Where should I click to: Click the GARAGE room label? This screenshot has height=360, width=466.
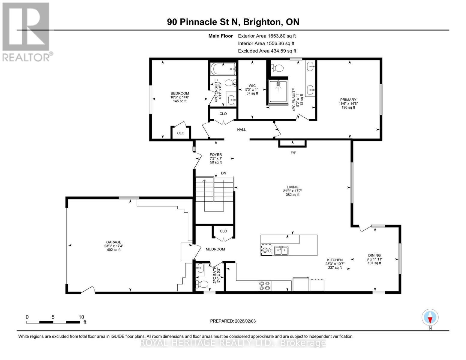tap(113, 242)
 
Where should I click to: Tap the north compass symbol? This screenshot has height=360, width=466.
tap(430, 317)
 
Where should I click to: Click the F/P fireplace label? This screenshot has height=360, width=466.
tap(293, 153)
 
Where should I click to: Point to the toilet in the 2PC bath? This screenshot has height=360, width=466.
tap(203, 284)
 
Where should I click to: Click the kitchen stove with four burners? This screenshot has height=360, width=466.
tap(264, 286)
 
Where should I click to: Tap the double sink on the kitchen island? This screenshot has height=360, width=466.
tap(281, 250)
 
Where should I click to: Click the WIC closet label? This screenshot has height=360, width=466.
tap(252, 85)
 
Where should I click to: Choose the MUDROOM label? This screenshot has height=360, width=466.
tap(215, 249)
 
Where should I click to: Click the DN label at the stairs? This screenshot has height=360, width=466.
tap(224, 173)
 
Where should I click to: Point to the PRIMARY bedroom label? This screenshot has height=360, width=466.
tap(348, 100)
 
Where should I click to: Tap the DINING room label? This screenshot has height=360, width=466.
tap(374, 255)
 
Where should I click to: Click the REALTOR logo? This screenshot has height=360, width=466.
tap(26, 31)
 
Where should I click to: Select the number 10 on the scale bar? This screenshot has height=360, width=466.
tap(81, 317)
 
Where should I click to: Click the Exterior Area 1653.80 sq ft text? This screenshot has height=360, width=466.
tap(267, 36)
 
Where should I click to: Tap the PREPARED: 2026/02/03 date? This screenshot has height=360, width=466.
tap(233, 321)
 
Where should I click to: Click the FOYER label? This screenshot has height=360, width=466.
tap(216, 155)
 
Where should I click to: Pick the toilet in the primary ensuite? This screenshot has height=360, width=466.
tap(278, 68)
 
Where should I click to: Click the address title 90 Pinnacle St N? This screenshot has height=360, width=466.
tap(204, 22)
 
